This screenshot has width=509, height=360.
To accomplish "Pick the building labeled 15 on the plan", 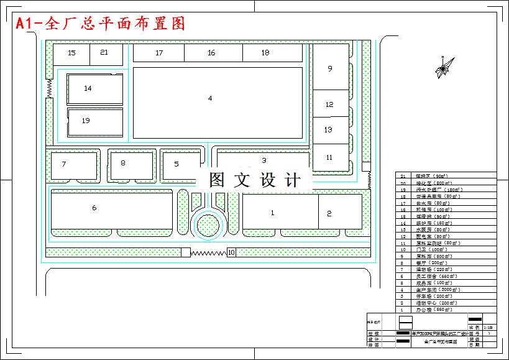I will click(71, 53).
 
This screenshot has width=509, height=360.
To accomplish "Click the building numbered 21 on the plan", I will click(106, 53).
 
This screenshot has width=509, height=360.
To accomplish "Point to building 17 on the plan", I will click(159, 53).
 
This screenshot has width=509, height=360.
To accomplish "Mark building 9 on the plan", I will click(330, 68).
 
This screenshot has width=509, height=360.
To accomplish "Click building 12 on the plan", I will click(330, 104).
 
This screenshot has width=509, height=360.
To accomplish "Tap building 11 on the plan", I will click(330, 157).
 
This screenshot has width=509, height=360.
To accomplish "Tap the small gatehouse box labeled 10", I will click(231, 252).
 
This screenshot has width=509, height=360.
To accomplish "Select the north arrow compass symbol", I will click(443, 69).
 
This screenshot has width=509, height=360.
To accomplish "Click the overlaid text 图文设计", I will click(255, 180).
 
